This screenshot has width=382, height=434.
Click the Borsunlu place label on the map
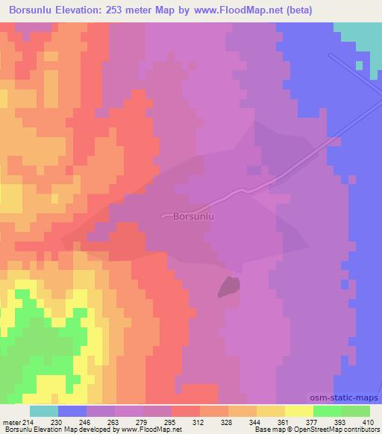point(193,217)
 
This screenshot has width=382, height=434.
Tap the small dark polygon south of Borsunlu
point(229,286)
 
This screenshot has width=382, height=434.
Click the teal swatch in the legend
point(44,411)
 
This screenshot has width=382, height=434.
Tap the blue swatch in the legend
point(72,411)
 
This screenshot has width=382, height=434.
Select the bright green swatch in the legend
point(328,411)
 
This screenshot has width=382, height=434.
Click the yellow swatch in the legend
point(299,411)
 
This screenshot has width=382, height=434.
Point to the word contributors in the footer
point(358,430)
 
